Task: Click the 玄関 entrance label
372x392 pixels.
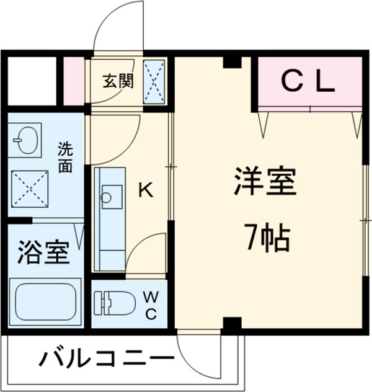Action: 118,82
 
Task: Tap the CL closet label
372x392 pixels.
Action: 308,81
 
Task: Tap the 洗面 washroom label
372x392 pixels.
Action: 65,157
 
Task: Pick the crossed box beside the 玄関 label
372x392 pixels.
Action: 155,81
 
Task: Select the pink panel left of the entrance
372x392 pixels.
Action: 74,81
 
